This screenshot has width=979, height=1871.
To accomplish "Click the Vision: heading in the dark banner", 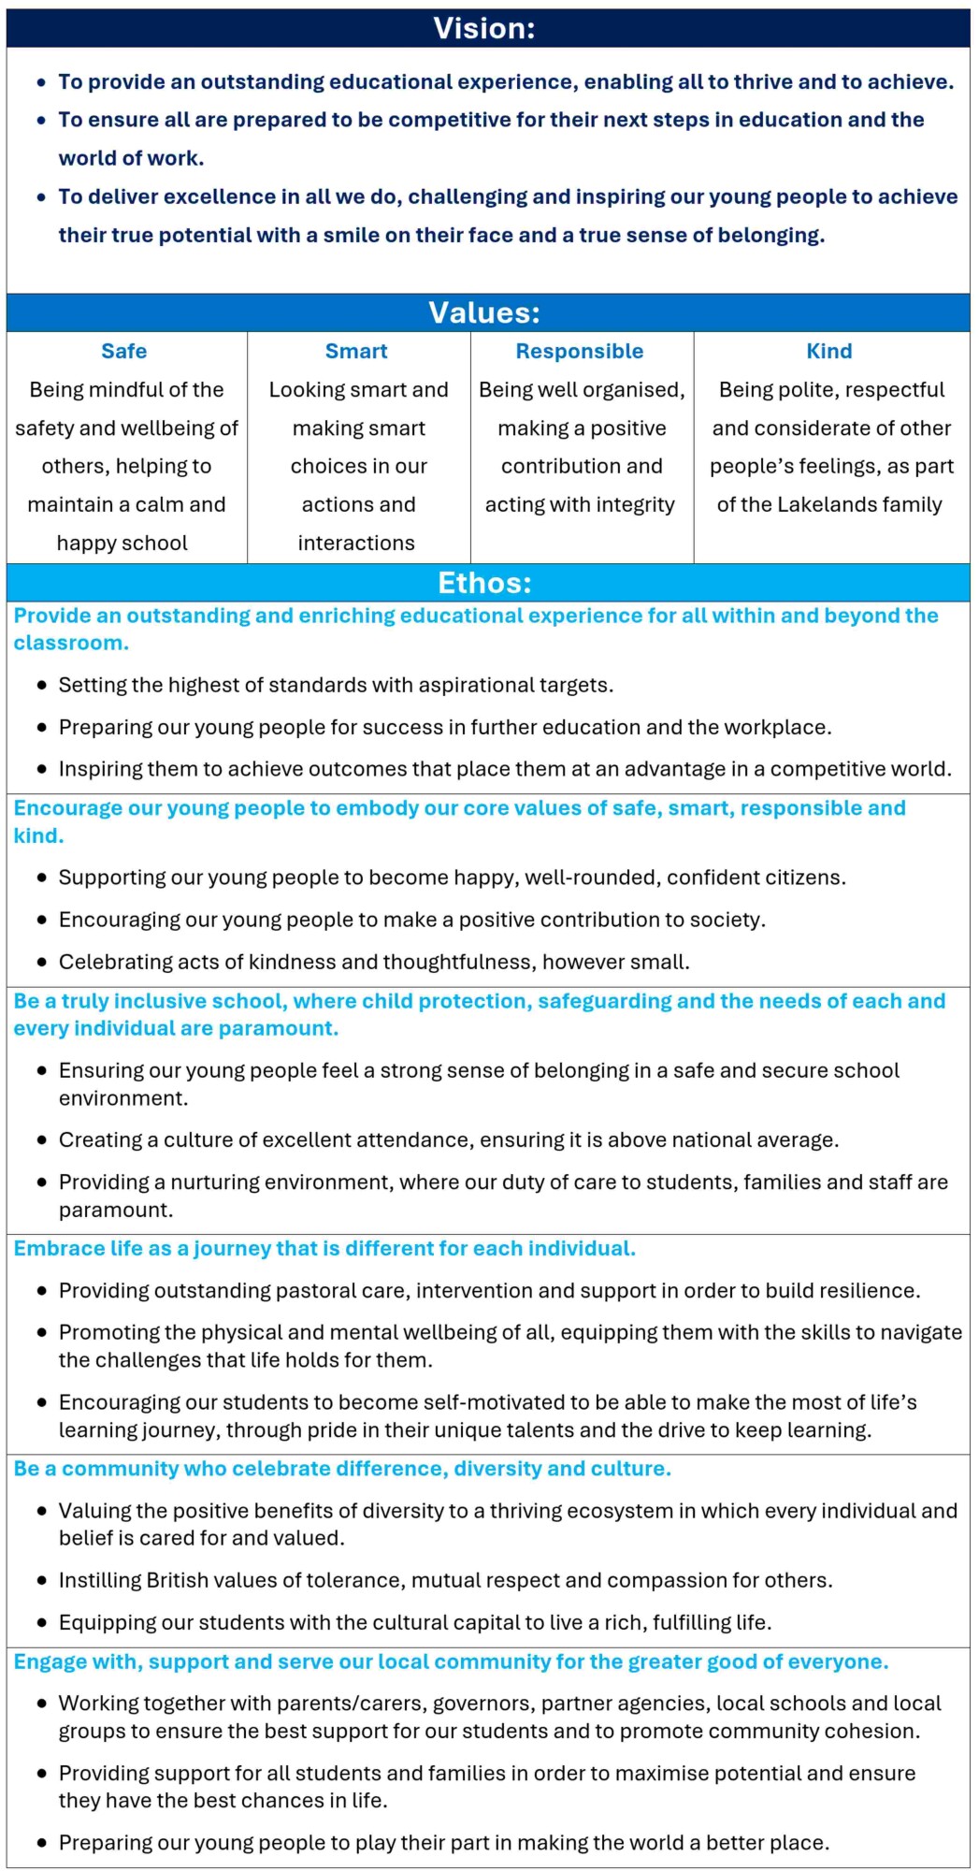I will tap(484, 29).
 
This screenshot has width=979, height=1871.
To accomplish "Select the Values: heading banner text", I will tap(484, 312).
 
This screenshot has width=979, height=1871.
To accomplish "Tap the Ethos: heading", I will tap(484, 583).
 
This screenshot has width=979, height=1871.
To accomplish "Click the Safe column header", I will tap(124, 352).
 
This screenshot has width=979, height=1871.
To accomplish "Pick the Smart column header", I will tap(356, 352).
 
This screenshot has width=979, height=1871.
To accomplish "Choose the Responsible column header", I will tap(580, 352).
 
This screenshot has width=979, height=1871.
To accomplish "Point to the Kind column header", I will tap(829, 352).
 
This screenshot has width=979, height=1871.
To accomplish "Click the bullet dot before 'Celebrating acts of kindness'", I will tap(42, 963).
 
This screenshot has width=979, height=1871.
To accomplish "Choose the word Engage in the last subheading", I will tap(48, 1662).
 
